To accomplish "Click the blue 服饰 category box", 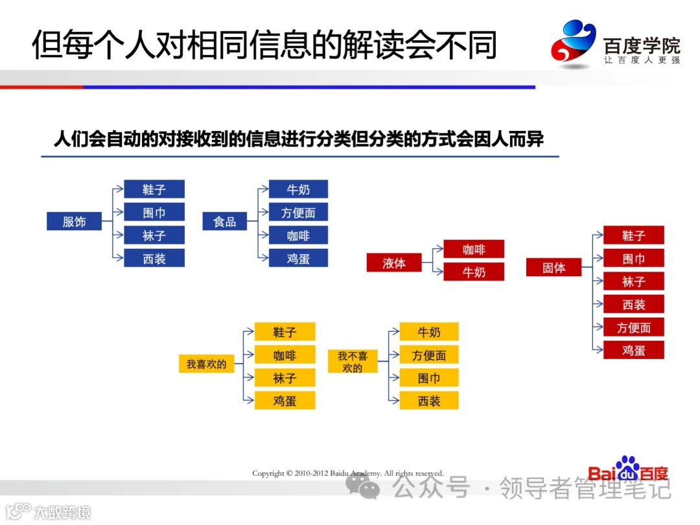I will [x=75, y=222].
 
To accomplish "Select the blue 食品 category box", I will [x=224, y=222].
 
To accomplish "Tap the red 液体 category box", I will [x=394, y=263].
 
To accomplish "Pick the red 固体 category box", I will [x=554, y=268].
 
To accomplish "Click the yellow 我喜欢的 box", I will [x=206, y=364].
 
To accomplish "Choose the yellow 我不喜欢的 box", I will [x=353, y=362].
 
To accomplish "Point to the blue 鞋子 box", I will [x=154, y=189].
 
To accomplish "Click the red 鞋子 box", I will [x=633, y=235].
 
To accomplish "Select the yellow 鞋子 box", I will [x=285, y=332].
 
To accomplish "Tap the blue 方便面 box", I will [x=298, y=213].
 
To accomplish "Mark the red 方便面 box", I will [x=633, y=328].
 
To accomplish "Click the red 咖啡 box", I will [x=474, y=250].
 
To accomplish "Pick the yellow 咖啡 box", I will [x=285, y=355].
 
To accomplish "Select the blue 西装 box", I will [x=154, y=259].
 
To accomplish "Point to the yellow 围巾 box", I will [x=429, y=378].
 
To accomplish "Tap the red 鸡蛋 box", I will [x=633, y=351].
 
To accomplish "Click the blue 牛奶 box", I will [x=298, y=189].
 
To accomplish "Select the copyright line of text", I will [x=348, y=474].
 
